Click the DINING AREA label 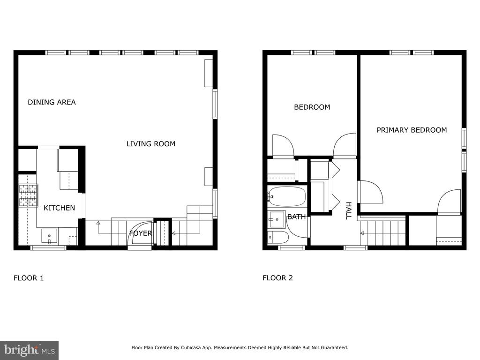click(52, 102)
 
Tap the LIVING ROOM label click(151, 144)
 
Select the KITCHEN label click(59, 208)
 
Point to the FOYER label click(141, 233)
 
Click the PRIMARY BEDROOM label click(412, 130)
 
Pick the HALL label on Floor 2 click(348, 210)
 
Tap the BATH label click(296, 217)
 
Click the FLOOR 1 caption click(29, 278)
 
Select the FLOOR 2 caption click(277, 278)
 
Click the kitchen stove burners click(29, 195)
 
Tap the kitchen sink click(49, 236)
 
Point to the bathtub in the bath click(287, 196)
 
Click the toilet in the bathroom click(278, 237)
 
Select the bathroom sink click(276, 219)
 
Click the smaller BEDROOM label click(312, 107)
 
